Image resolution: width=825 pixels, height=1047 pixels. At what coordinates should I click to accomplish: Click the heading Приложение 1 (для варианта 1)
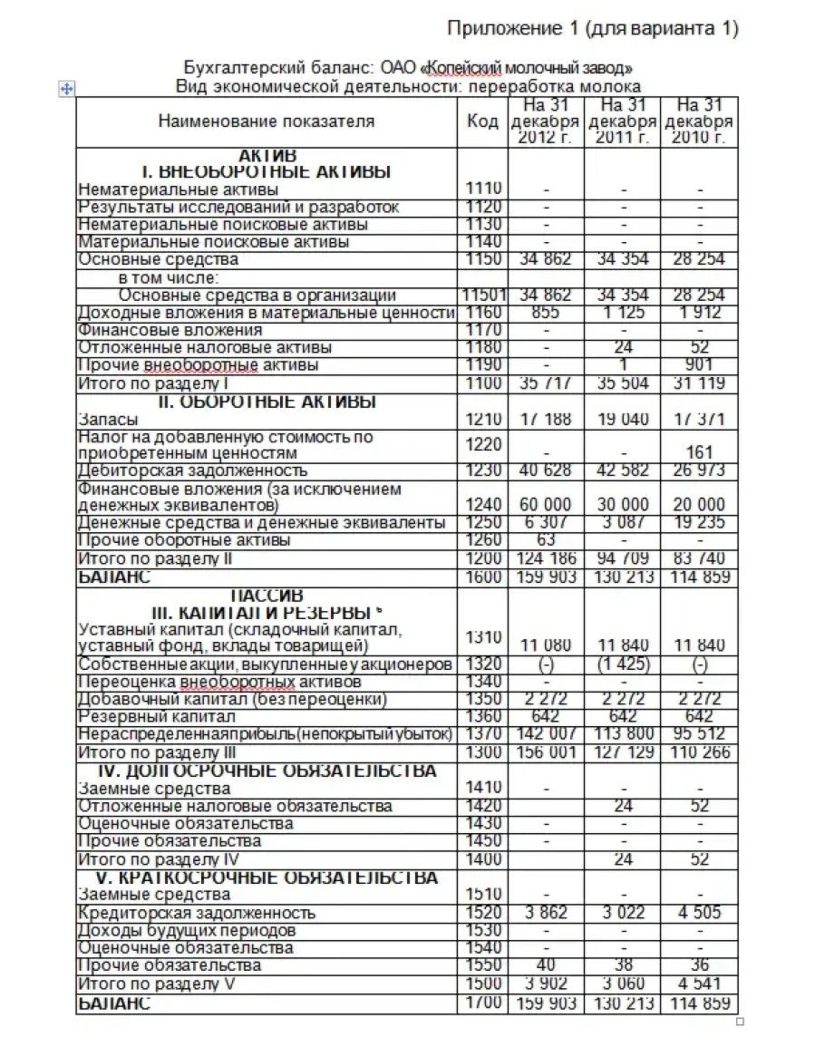[594, 29]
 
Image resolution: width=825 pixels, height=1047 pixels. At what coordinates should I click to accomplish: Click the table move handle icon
[66, 88]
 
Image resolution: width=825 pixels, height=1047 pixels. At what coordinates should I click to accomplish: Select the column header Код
[482, 121]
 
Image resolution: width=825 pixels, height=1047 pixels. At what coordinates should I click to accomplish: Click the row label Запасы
[109, 420]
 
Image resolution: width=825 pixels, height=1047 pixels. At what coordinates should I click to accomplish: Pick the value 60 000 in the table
[546, 505]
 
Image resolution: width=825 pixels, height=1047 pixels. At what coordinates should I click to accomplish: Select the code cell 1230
[482, 470]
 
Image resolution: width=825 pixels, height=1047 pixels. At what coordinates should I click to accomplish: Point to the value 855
[546, 313]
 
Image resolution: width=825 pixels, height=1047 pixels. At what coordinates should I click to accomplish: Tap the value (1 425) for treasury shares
[622, 664]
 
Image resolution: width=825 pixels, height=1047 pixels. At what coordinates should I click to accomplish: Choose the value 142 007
[546, 734]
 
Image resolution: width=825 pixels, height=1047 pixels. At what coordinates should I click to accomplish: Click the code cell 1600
[482, 577]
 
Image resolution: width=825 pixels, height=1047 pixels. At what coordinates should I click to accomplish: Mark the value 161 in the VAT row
[699, 452]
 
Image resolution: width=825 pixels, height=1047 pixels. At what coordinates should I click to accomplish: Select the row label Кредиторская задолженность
[198, 913]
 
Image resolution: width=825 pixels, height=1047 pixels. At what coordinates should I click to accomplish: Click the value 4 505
[699, 913]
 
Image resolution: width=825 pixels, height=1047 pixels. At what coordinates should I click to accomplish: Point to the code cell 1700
[482, 1003]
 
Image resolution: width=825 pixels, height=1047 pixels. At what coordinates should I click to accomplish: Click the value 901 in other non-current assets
[699, 365]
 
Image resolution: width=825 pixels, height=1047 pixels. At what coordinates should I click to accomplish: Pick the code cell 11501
[482, 296]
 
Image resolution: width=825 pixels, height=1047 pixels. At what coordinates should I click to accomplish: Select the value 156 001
[546, 752]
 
